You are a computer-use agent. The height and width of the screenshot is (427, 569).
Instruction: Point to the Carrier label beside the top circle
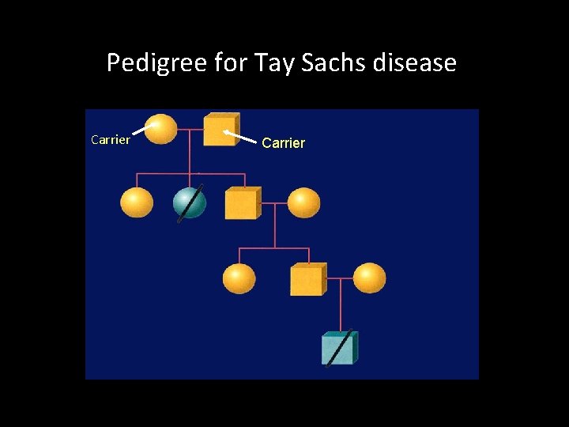click(x=111, y=140)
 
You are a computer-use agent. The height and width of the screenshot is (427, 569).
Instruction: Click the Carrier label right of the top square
click(x=283, y=143)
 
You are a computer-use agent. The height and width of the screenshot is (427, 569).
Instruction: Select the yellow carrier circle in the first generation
click(x=161, y=130)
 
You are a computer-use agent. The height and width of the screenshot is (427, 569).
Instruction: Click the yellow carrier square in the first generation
click(x=220, y=130)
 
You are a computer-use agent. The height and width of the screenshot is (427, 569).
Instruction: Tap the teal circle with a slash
click(x=190, y=203)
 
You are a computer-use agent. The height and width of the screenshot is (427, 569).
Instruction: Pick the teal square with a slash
click(x=339, y=348)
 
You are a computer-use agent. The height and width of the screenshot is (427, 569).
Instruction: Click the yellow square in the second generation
click(x=241, y=203)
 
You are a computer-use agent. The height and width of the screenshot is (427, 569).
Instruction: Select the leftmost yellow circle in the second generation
click(x=137, y=202)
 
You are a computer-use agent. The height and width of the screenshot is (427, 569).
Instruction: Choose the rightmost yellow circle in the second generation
click(x=303, y=203)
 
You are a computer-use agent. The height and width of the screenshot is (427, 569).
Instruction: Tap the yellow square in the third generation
click(x=307, y=279)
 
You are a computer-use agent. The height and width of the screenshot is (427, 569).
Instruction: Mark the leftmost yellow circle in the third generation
click(x=239, y=278)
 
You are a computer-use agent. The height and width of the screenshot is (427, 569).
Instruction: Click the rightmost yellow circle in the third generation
click(x=369, y=278)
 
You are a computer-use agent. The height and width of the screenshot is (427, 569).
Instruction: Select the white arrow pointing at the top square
click(x=241, y=138)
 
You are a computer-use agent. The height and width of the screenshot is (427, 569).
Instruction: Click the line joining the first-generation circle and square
click(x=190, y=129)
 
